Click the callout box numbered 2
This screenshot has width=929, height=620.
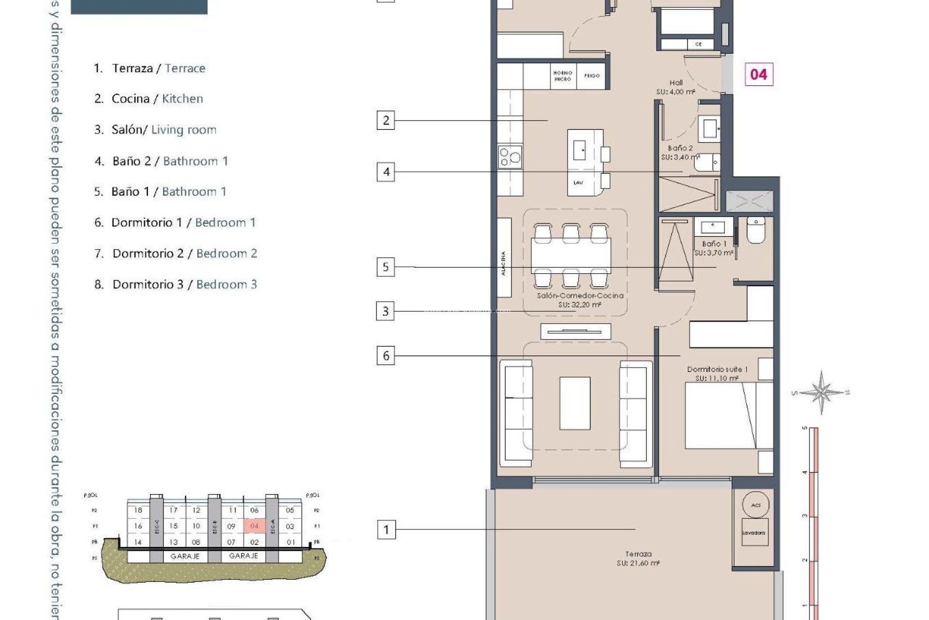coord(386,120)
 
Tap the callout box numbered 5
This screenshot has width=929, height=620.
coord(386,267)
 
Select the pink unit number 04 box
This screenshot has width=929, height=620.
coord(759,74)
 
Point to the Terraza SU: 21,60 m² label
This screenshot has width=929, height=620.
coord(638,558)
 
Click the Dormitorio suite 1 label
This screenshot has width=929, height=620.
coord(717,373)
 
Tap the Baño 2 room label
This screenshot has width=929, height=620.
coord(680,152)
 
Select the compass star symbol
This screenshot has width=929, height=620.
coord(821,392)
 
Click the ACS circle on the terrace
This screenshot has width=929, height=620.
coord(756,505)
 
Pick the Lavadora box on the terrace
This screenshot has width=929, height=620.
coord(754,532)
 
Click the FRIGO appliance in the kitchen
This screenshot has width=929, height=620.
coord(592,76)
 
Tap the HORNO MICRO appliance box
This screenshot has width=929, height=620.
coord(563,76)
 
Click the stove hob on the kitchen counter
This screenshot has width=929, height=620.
coord(510,157)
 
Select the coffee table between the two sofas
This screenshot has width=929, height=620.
coord(575,403)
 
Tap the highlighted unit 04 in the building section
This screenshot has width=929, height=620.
coord(255,526)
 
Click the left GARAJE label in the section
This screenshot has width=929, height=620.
coord(185,557)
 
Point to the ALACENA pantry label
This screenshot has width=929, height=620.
coord(504,263)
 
